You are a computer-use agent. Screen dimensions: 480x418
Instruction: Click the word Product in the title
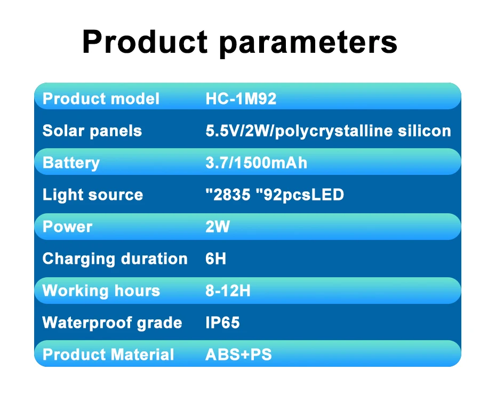(x=145, y=42)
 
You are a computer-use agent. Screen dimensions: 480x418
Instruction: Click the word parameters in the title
(x=309, y=43)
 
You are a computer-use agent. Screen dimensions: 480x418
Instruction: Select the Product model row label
(x=101, y=99)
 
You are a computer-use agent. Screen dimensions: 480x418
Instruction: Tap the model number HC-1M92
(x=241, y=99)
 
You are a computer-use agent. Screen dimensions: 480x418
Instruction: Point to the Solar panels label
(x=92, y=131)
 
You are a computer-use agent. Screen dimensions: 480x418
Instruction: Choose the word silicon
(x=425, y=131)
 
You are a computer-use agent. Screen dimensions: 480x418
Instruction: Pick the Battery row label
(x=71, y=163)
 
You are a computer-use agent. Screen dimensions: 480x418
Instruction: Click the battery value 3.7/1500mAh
(x=256, y=163)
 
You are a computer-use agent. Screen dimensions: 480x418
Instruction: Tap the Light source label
(x=93, y=195)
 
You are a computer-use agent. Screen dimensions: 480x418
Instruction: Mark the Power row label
(x=67, y=227)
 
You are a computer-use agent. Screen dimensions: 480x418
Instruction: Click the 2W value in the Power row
(x=218, y=227)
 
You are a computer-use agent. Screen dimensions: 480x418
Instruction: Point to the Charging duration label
(x=115, y=259)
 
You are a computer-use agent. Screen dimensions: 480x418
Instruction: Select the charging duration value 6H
(x=216, y=259)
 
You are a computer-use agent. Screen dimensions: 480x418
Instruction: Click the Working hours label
(x=101, y=291)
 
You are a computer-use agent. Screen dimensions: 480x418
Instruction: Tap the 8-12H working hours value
(x=228, y=291)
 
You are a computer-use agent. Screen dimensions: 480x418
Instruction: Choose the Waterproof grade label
(x=113, y=323)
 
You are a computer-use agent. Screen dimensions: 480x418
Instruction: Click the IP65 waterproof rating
(x=222, y=323)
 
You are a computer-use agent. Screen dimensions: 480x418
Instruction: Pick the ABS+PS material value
(x=239, y=355)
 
